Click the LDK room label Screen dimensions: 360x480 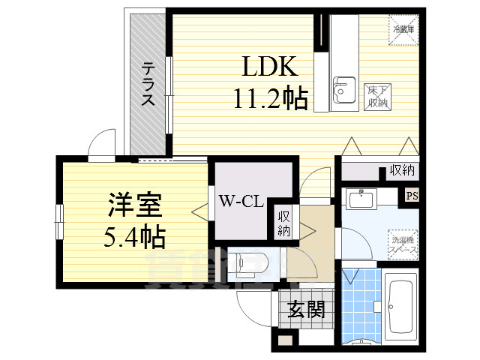tap(271, 67)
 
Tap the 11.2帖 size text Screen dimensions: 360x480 tap(271, 98)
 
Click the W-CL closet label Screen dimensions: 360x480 tap(240, 200)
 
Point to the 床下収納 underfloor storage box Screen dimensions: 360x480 tap(376, 97)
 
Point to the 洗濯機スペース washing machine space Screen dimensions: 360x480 tap(403, 244)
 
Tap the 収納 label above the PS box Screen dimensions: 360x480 tap(402, 171)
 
